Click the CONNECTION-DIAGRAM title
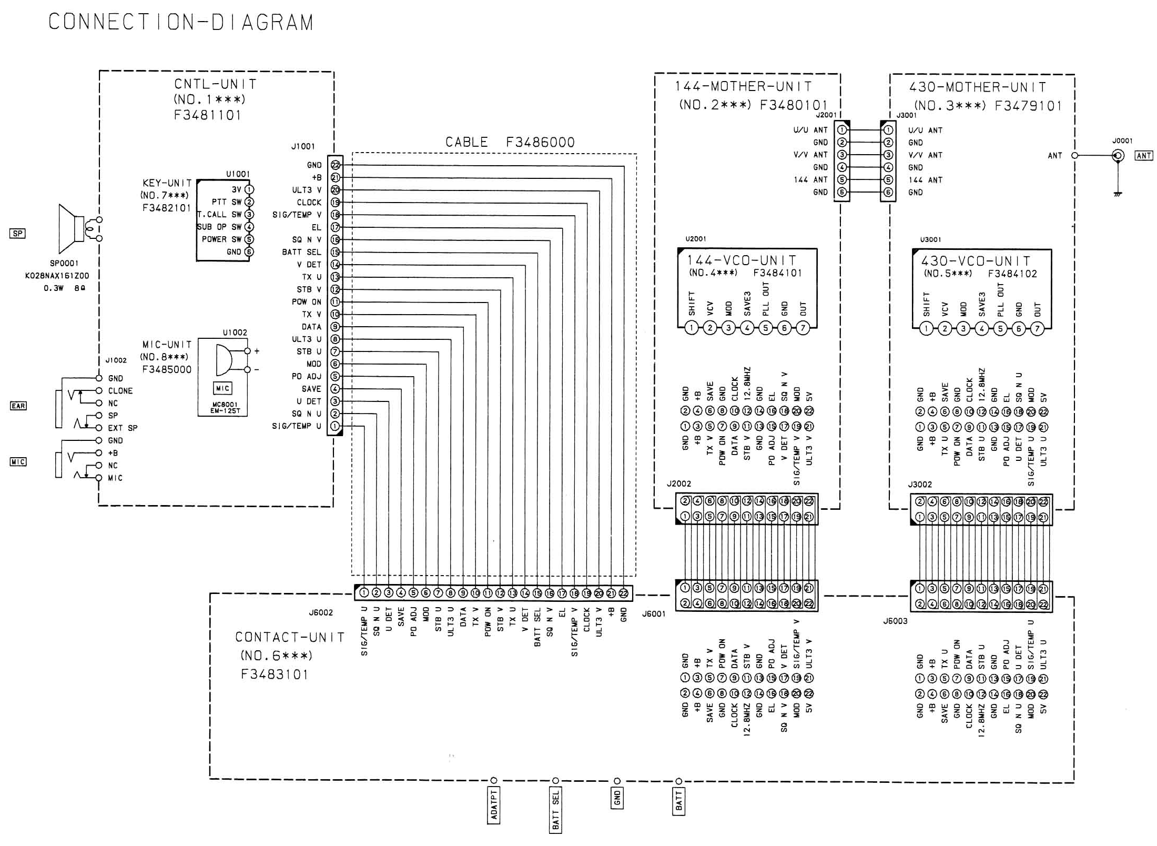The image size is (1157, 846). [x=181, y=23]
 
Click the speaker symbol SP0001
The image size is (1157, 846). [x=70, y=229]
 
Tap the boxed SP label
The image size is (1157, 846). [x=17, y=233]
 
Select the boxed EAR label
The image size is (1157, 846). [x=18, y=406]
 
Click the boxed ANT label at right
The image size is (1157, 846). [x=1144, y=156]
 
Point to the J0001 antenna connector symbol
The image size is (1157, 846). [x=1118, y=156]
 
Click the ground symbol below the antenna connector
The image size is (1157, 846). [x=1118, y=194]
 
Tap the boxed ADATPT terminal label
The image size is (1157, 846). [x=493, y=805]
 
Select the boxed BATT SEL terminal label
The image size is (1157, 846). [x=556, y=810]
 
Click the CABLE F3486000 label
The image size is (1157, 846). [x=510, y=143]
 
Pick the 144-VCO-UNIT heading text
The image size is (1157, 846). [x=742, y=260]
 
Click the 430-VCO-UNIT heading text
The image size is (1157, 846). [x=976, y=261]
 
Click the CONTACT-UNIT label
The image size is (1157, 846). [x=290, y=638]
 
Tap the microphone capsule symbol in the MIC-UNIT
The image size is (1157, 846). [x=224, y=360]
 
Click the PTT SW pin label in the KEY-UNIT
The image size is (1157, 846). [x=227, y=202]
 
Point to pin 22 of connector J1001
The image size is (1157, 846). [x=335, y=165]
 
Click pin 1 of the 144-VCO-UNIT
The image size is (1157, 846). [x=692, y=328]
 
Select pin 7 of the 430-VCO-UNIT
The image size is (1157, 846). [x=1037, y=329]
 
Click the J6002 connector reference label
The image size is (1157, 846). [x=320, y=613]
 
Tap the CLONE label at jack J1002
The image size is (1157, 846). [x=120, y=391]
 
